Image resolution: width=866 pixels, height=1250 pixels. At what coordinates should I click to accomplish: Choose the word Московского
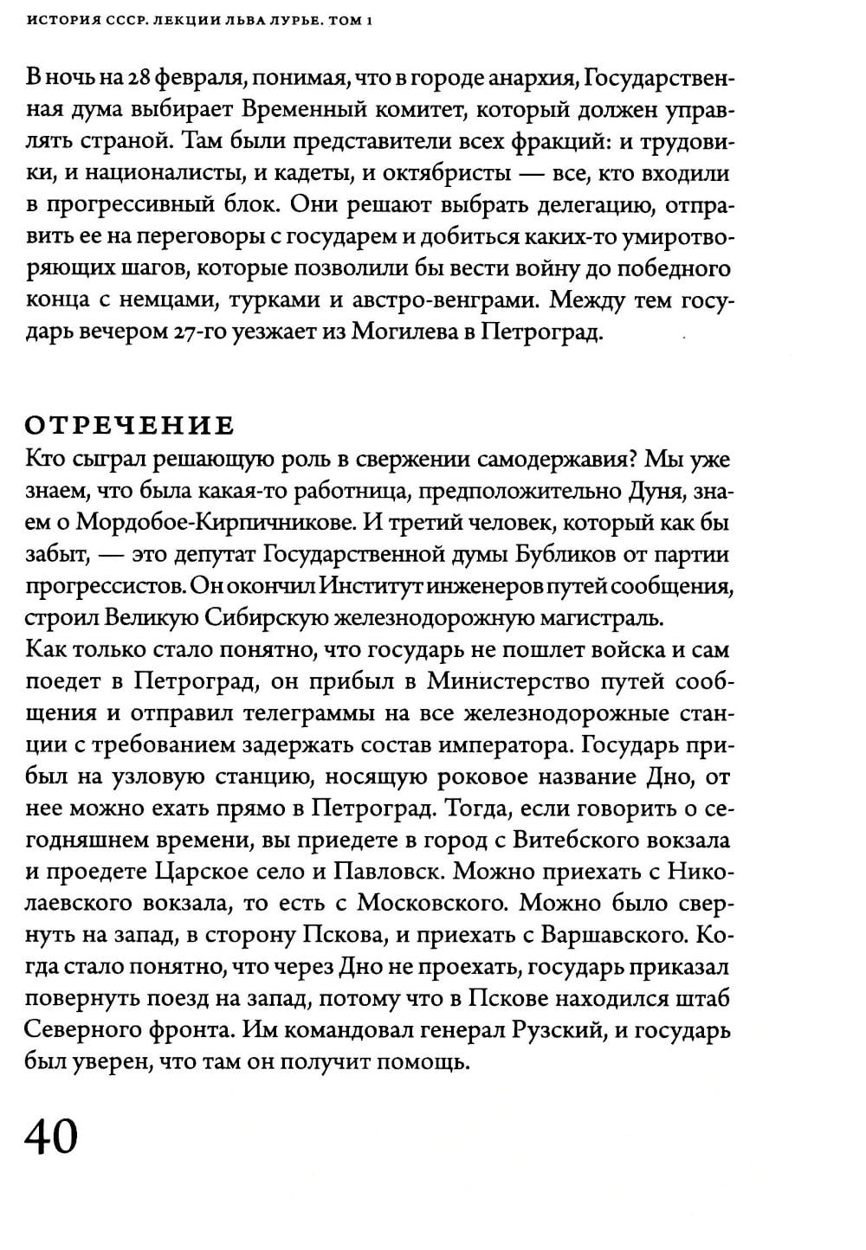pyautogui.click(x=431, y=903)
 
